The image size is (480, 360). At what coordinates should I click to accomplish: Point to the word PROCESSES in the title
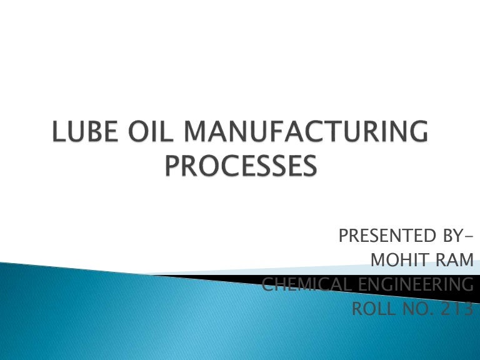pos(240,167)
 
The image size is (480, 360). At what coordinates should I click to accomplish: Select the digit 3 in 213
pos(466,309)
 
